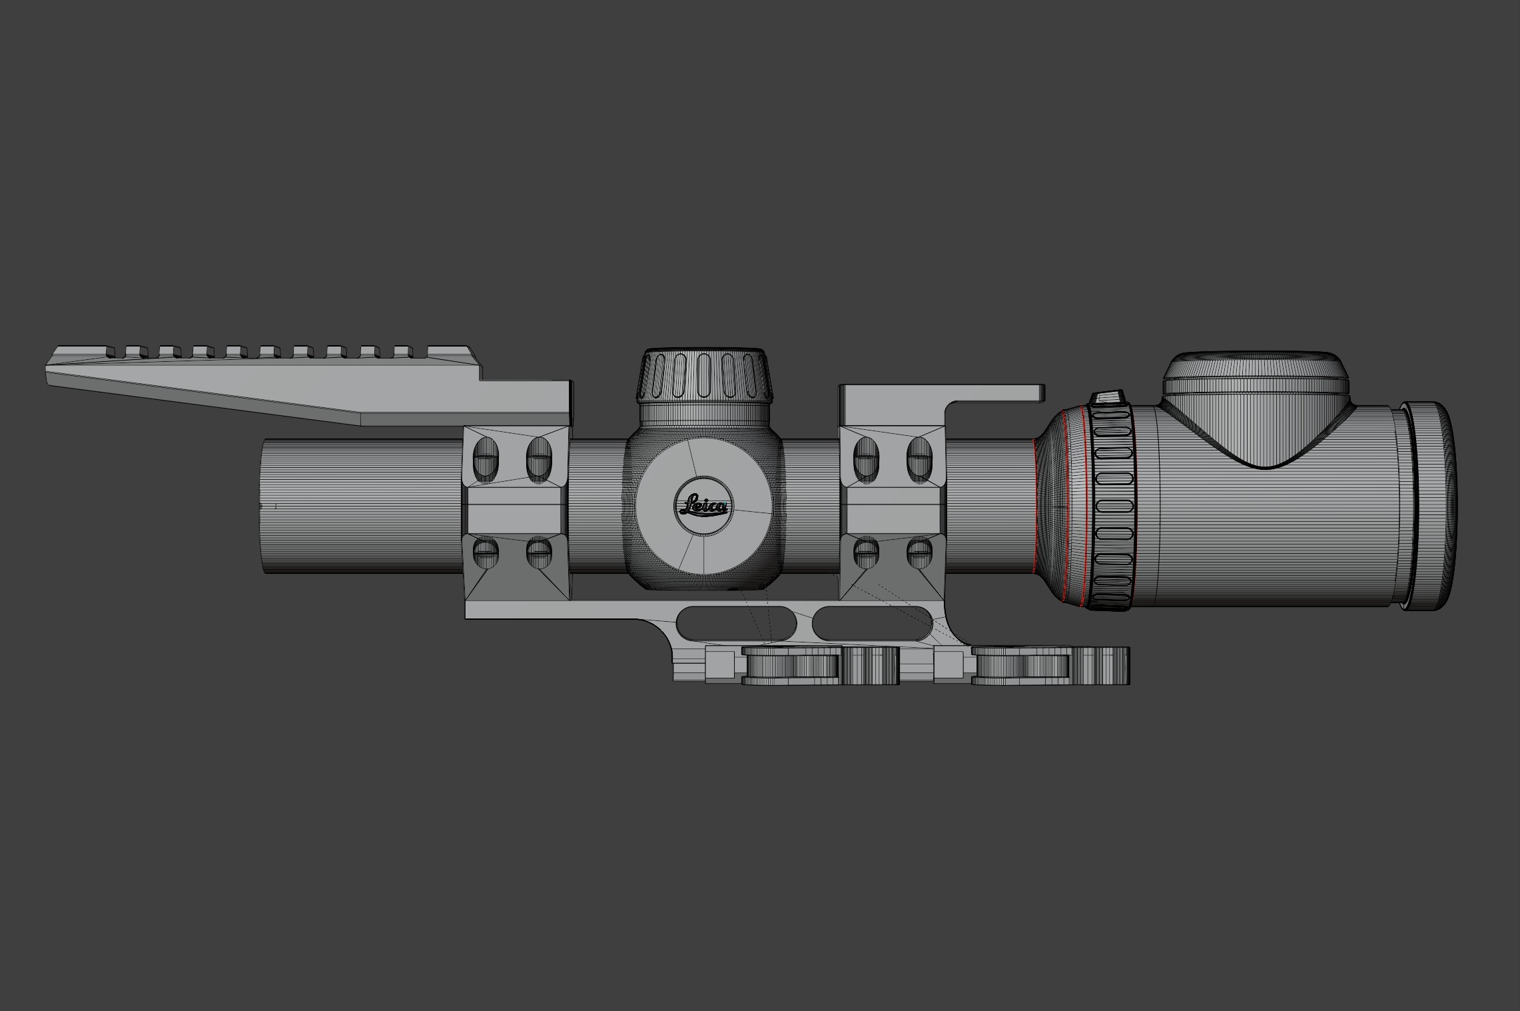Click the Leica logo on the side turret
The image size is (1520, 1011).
pyautogui.click(x=703, y=506)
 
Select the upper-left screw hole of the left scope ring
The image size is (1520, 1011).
pyautogui.click(x=486, y=459)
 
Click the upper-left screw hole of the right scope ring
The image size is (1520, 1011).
pyautogui.click(x=865, y=459)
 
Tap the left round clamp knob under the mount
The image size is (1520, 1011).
pyautogui.click(x=791, y=666)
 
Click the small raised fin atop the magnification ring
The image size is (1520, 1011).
pyautogui.click(x=1107, y=398)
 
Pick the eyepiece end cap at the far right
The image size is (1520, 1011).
pyautogui.click(x=1429, y=506)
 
